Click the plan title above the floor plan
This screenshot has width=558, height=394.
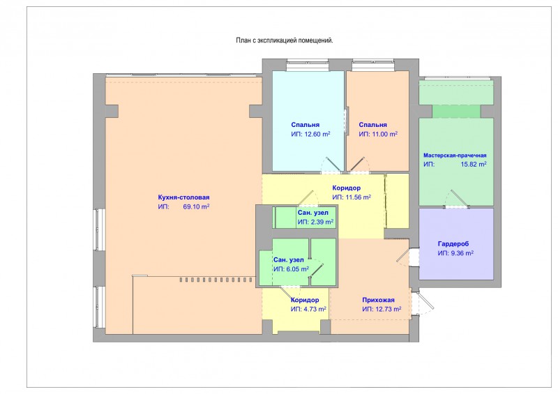pos(285,40)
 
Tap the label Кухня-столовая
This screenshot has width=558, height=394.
pos(183,197)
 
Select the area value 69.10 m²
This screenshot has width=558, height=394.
pos(196,207)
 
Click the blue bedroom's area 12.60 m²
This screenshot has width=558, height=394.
pos(317,134)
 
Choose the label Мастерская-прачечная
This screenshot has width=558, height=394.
pos(455,156)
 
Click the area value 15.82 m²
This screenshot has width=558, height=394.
pos(473,165)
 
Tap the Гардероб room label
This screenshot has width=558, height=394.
pos(453,244)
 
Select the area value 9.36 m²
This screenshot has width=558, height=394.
pos(462,253)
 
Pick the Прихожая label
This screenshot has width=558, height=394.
pos(378,300)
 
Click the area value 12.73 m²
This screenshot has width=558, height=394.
pos(388,310)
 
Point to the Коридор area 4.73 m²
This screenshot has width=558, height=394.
pos(315,310)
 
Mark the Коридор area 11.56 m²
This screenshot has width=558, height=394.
pos(358,197)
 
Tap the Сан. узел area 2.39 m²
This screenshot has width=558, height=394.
pos(322,222)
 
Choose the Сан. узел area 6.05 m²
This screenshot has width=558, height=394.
pos(297,269)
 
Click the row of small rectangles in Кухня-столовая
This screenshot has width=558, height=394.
pos(216,280)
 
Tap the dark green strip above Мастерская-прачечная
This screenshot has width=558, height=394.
pos(457,112)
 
